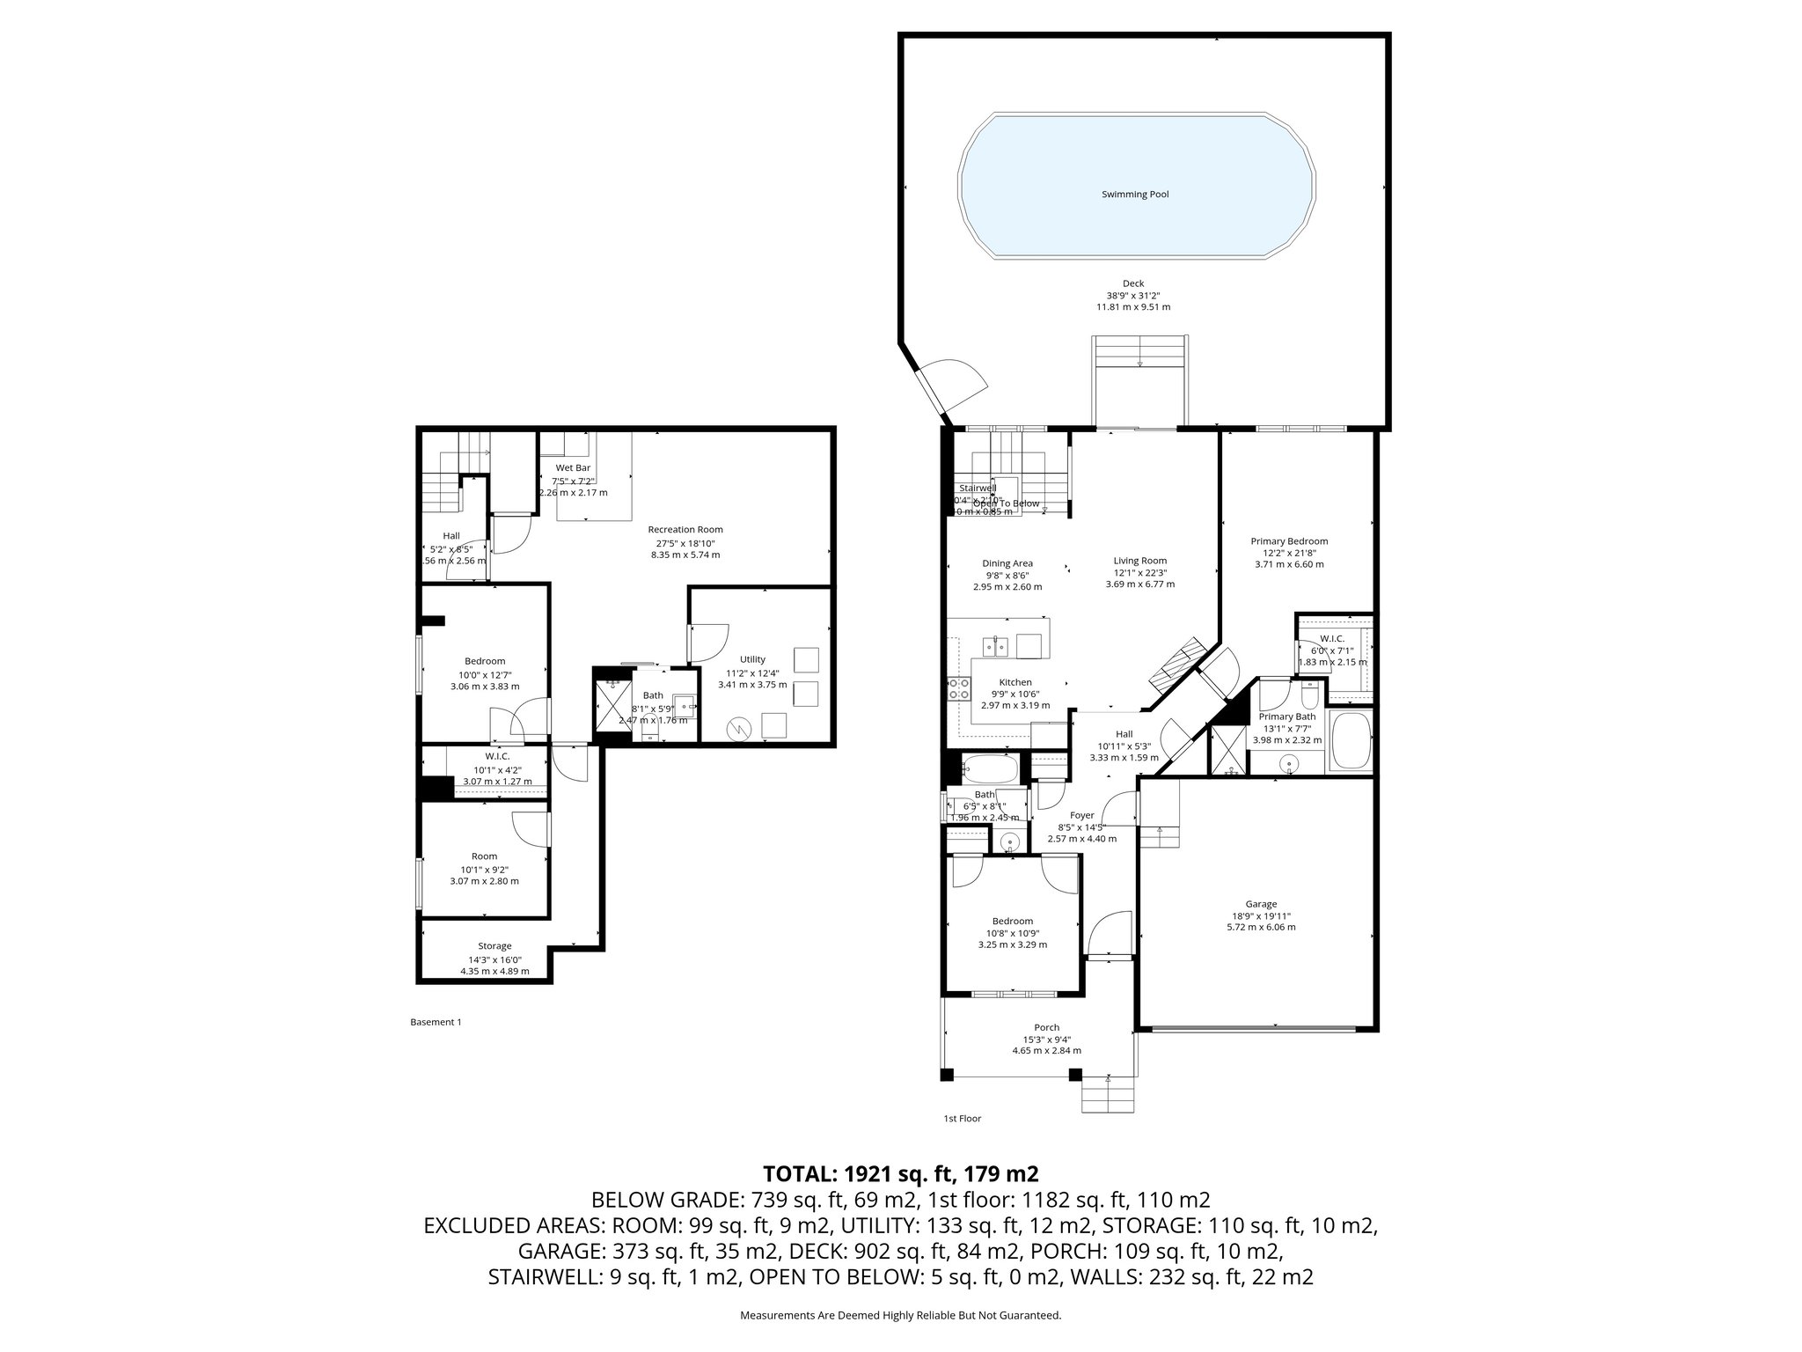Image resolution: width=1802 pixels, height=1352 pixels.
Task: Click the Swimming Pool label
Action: pyautogui.click(x=1135, y=195)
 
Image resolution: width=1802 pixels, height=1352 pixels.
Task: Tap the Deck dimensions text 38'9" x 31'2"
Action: pyautogui.click(x=1133, y=296)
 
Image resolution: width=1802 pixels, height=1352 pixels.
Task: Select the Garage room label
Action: pyautogui.click(x=1260, y=904)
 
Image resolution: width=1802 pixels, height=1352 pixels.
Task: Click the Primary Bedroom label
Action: pyautogui.click(x=1289, y=541)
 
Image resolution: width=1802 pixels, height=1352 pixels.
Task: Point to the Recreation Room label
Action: pyautogui.click(x=685, y=529)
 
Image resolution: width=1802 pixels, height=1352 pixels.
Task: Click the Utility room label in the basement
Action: pyautogui.click(x=752, y=659)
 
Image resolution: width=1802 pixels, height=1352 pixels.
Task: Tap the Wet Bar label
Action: pyautogui.click(x=573, y=467)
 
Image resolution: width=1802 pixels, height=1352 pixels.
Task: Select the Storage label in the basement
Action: pyautogui.click(x=494, y=946)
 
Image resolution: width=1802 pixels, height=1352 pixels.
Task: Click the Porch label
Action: pyautogui.click(x=1046, y=1027)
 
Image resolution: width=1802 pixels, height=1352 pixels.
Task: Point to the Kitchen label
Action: pyautogui.click(x=1015, y=682)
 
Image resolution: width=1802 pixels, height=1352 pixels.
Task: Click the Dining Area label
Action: pyautogui.click(x=1007, y=563)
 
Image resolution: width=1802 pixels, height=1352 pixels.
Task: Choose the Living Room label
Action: pyautogui.click(x=1139, y=561)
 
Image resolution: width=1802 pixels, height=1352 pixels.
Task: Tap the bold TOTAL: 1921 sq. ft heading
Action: pyautogui.click(x=901, y=1173)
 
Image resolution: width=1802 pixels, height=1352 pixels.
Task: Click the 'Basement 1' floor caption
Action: pyautogui.click(x=436, y=1022)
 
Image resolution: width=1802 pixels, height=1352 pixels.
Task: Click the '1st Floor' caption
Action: pyautogui.click(x=962, y=1119)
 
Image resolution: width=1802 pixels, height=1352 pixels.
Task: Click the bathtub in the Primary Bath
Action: pyautogui.click(x=1351, y=742)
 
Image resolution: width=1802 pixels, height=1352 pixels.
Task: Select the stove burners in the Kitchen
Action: pyautogui.click(x=957, y=688)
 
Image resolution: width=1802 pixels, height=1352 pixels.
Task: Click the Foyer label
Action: pyautogui.click(x=1081, y=815)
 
